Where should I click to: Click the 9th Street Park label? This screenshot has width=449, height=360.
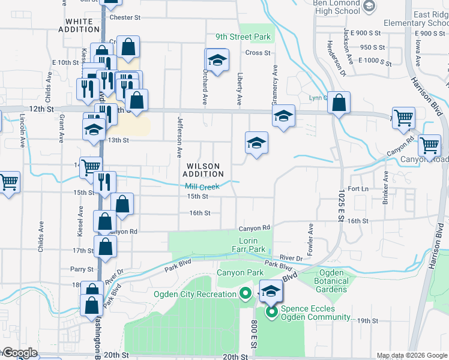pyautogui.click(x=243, y=37)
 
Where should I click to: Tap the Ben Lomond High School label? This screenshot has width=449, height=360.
pyautogui.click(x=336, y=7)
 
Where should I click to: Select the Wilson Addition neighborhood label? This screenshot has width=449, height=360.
pyautogui.click(x=203, y=170)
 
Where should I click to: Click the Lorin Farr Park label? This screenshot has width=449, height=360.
pyautogui.click(x=249, y=245)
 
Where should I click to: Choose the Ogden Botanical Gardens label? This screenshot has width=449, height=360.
pyautogui.click(x=331, y=281)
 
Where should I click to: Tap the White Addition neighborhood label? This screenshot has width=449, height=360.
pyautogui.click(x=79, y=25)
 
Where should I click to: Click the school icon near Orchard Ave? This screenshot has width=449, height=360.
pyautogui.click(x=217, y=59)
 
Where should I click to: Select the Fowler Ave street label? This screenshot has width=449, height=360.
pyautogui.click(x=310, y=237)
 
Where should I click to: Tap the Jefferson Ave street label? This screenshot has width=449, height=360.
pyautogui.click(x=179, y=137)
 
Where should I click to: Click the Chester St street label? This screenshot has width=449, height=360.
pyautogui.click(x=125, y=17)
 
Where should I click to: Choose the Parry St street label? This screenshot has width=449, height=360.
pyautogui.click(x=82, y=269)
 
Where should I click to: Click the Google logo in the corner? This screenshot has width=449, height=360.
pyautogui.click(x=20, y=352)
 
